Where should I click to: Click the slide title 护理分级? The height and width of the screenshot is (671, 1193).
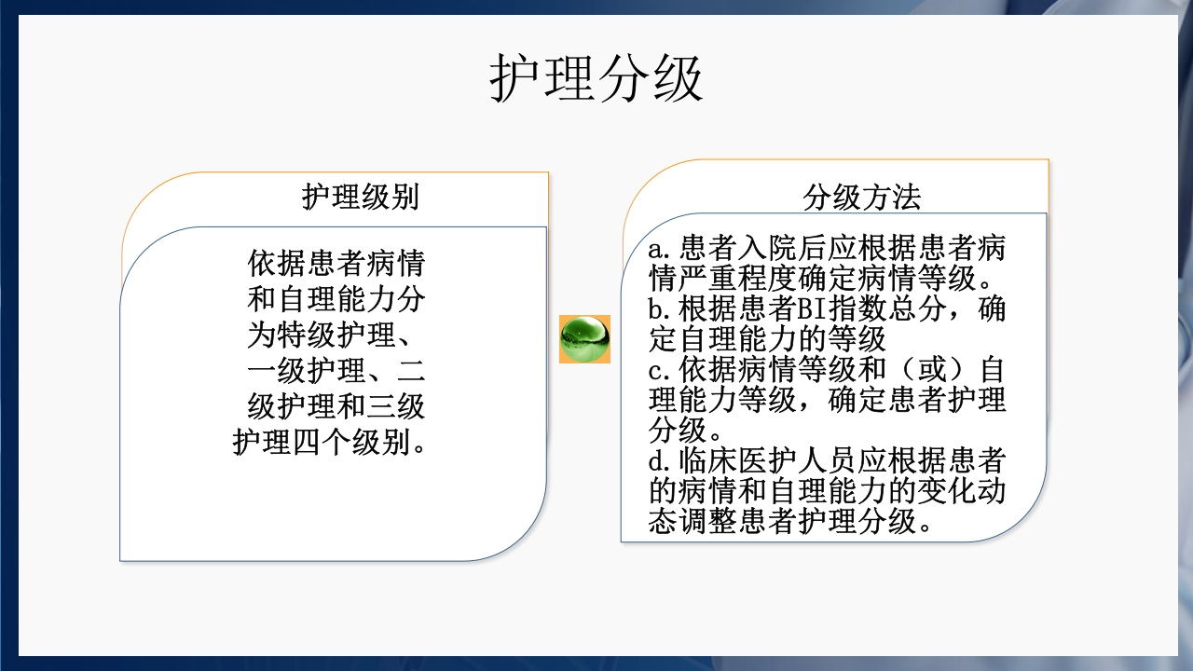tap(596, 78)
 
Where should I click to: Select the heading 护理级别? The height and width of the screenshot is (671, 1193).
tap(361, 198)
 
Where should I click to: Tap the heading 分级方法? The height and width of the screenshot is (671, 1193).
tap(862, 198)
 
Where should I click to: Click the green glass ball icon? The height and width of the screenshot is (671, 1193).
tap(584, 338)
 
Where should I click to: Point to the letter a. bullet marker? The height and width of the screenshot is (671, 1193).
tap(660, 250)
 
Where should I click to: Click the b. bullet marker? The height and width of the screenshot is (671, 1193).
tap(660, 309)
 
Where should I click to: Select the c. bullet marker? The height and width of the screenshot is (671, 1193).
tap(660, 370)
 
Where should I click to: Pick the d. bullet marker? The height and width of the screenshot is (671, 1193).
tap(660, 460)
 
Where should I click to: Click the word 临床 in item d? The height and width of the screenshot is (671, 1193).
tap(708, 460)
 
